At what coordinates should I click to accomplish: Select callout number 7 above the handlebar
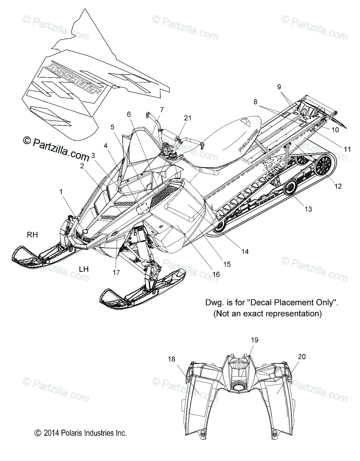click(x=162, y=109)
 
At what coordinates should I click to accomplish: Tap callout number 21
click(x=187, y=118)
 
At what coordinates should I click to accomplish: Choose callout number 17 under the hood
click(x=116, y=272)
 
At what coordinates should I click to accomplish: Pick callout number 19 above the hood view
click(x=255, y=340)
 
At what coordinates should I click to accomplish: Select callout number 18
click(x=172, y=359)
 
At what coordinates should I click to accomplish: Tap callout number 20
click(x=302, y=357)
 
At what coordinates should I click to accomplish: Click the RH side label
click(x=32, y=235)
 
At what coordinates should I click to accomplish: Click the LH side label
click(x=84, y=269)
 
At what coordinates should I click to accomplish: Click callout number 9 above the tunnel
click(x=301, y=87)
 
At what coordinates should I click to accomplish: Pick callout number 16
click(x=216, y=274)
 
